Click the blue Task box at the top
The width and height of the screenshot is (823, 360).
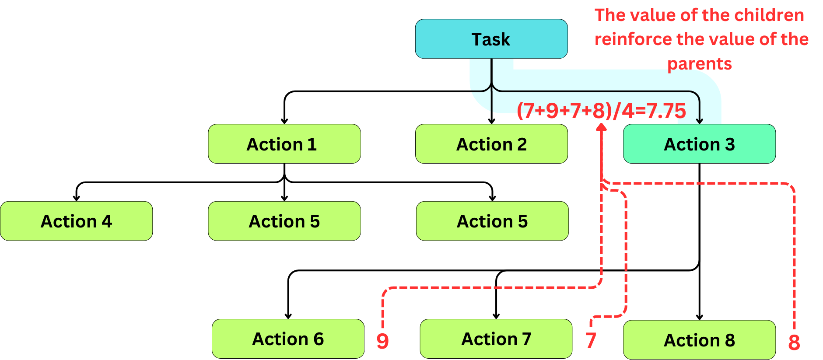[491, 39]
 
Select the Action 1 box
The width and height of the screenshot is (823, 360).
[284, 144]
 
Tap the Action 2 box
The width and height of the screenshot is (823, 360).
[491, 144]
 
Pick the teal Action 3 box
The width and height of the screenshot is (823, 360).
[699, 144]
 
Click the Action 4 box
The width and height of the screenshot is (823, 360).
[76, 221]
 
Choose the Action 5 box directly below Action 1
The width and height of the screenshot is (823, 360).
[284, 221]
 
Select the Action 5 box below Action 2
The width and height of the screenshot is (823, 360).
[492, 221]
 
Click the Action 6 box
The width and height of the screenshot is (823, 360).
[287, 339]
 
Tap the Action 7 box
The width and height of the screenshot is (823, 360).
[496, 339]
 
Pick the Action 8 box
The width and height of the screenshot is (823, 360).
[699, 340]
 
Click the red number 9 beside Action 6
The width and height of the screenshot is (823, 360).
[382, 341]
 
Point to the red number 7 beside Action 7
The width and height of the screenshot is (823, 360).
[591, 340]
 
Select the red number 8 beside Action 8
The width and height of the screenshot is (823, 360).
[794, 343]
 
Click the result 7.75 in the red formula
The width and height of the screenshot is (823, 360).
[666, 111]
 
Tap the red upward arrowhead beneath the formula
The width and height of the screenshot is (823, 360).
[602, 127]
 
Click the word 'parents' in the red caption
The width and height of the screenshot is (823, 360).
[699, 64]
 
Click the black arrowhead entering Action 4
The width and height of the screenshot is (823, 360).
[76, 198]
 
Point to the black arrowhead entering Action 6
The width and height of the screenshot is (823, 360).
[288, 316]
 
